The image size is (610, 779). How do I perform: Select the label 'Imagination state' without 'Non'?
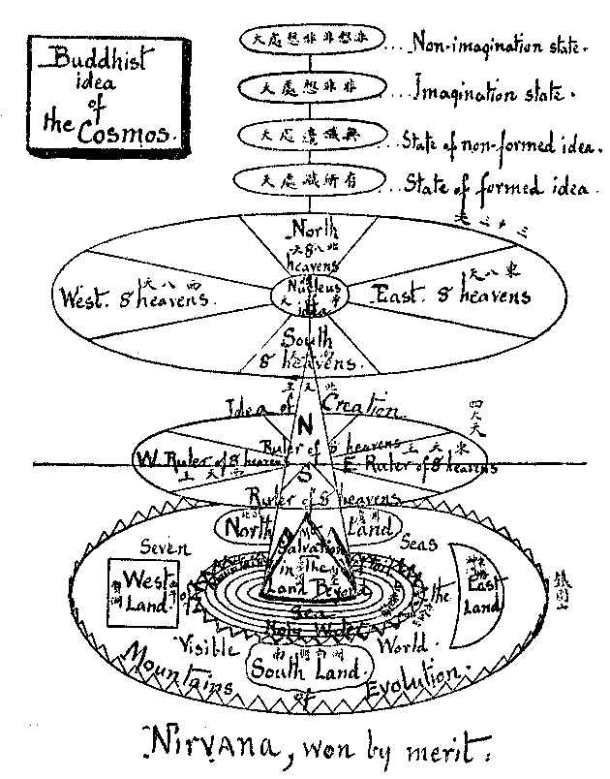[493, 93]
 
